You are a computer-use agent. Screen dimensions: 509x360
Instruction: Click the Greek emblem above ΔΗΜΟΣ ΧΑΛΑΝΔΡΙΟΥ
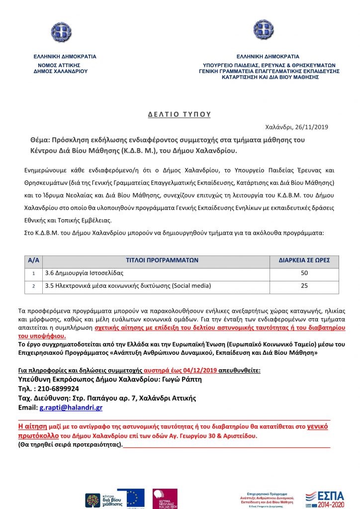(61, 30)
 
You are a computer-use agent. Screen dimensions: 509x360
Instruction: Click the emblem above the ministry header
(264, 30)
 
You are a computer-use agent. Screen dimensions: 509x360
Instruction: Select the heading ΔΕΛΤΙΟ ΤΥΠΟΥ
(180, 114)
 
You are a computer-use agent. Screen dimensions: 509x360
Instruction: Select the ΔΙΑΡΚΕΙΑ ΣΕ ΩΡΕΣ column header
(304, 260)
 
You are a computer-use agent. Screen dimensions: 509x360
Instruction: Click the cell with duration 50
(304, 273)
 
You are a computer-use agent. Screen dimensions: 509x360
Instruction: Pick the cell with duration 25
(304, 286)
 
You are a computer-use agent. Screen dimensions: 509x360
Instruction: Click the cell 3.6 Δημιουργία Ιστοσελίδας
(84, 273)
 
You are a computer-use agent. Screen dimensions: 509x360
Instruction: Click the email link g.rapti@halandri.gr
(71, 408)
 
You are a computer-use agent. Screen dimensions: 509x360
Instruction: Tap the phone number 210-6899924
(59, 389)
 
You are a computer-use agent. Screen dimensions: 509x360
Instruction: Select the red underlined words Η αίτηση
(33, 426)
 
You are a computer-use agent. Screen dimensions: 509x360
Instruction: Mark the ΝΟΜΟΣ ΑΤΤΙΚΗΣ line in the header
(59, 65)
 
